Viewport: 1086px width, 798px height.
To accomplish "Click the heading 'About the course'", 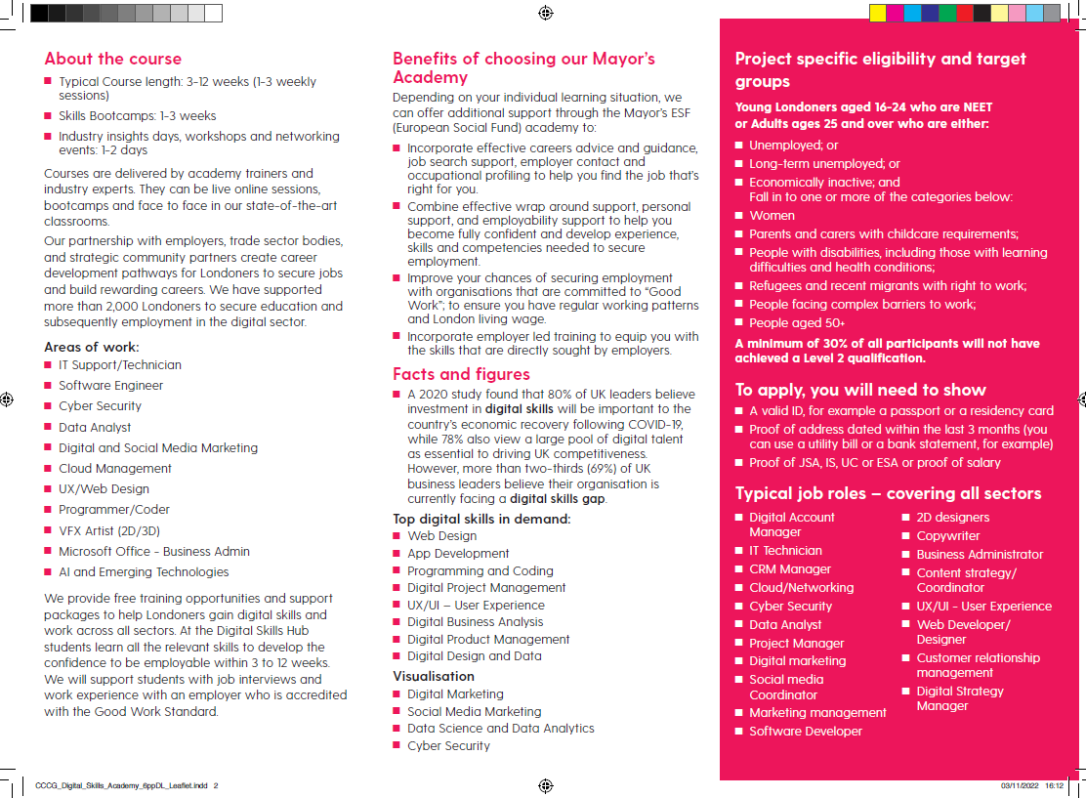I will pyautogui.click(x=112, y=59).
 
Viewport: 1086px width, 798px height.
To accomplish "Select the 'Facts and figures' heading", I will pyautogui.click(x=461, y=374).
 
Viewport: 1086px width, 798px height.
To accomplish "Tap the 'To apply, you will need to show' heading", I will pyautogui.click(x=860, y=390).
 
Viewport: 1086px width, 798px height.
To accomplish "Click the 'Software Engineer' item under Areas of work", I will pyautogui.click(x=110, y=386).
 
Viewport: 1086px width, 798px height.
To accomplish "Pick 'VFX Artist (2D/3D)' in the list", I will pyautogui.click(x=108, y=530).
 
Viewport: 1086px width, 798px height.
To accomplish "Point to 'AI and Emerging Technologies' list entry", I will pyautogui.click(x=144, y=572).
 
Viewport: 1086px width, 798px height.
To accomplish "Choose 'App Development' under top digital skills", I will pyautogui.click(x=458, y=553).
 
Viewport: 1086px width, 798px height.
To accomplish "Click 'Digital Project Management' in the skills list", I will pyautogui.click(x=486, y=588).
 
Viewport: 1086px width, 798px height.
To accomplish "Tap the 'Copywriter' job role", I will pyautogui.click(x=947, y=536).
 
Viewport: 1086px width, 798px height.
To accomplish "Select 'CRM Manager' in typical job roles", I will pyautogui.click(x=790, y=569).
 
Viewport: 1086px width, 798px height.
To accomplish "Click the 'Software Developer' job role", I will pyautogui.click(x=806, y=732).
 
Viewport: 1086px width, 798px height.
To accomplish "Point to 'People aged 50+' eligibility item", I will pyautogui.click(x=797, y=323).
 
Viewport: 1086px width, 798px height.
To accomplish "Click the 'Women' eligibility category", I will pyautogui.click(x=772, y=216).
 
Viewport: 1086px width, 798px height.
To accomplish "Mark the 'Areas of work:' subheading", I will pyautogui.click(x=92, y=347).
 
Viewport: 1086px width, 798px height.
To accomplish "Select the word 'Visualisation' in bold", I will pyautogui.click(x=434, y=676).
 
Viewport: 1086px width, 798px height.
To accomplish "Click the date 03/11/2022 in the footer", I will pyautogui.click(x=1018, y=785).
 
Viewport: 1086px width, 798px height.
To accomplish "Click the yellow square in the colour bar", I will pyautogui.click(x=877, y=13).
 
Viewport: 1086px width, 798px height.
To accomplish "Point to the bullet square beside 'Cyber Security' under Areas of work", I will pyautogui.click(x=48, y=405).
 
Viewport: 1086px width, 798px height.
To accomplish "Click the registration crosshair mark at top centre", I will pyautogui.click(x=545, y=13).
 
